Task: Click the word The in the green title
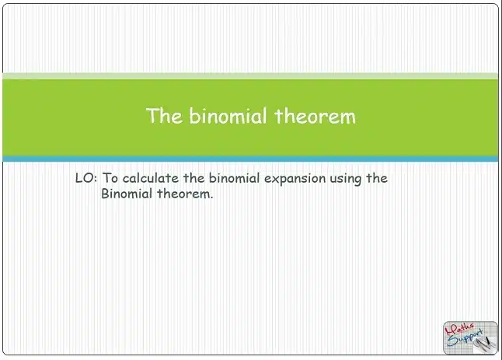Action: pyautogui.click(x=164, y=116)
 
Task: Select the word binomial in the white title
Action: pyautogui.click(x=228, y=116)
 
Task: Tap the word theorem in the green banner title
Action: pyautogui.click(x=315, y=116)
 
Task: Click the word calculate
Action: pyautogui.click(x=151, y=178)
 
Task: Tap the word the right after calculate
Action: pyautogui.click(x=193, y=178)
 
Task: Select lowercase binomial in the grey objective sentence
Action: pyautogui.click(x=234, y=178)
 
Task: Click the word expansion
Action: pyautogui.click(x=295, y=179)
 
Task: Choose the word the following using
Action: pyautogui.click(x=377, y=178)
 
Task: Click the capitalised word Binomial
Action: pyautogui.click(x=127, y=194)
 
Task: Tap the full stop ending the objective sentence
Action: pyautogui.click(x=211, y=197)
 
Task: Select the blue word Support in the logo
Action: pyautogui.click(x=464, y=337)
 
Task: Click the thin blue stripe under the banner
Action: pyautogui.click(x=250, y=159)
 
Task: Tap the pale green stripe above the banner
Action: pyautogui.click(x=250, y=76)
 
